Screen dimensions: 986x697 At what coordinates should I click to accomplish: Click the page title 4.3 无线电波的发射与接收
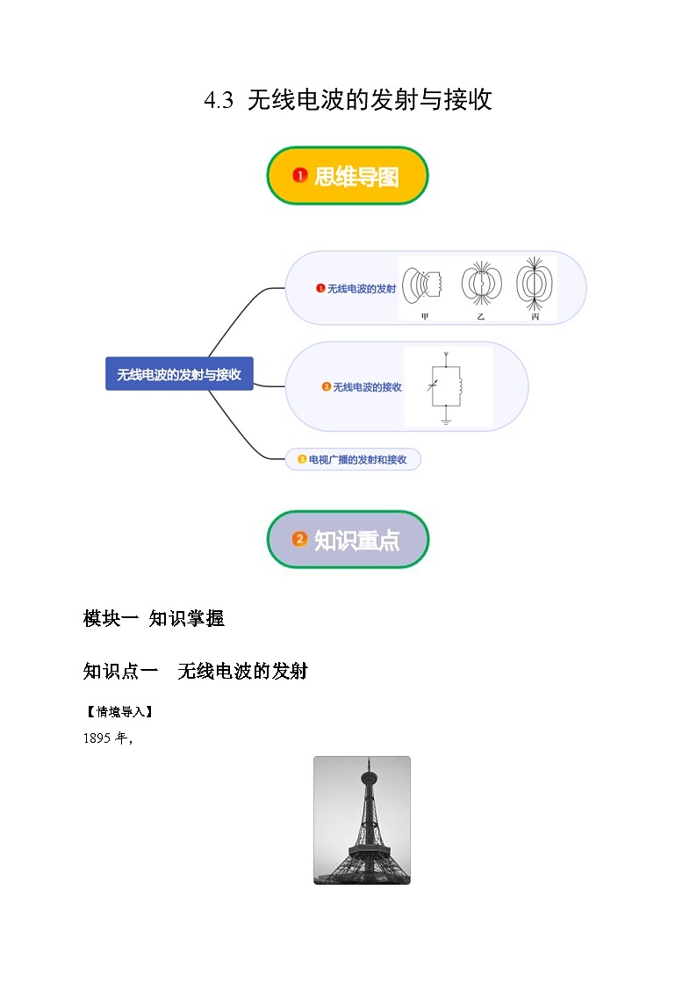(348, 100)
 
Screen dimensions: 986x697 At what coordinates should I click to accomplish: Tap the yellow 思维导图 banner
(348, 176)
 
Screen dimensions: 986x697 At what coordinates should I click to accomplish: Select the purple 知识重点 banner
(348, 540)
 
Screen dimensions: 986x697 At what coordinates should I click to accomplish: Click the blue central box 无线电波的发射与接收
(179, 374)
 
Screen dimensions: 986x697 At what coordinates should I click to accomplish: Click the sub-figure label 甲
(426, 316)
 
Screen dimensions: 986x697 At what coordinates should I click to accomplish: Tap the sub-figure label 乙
(480, 316)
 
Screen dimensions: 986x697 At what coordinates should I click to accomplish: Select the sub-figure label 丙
(535, 316)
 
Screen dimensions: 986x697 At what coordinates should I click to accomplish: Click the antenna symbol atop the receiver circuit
(447, 355)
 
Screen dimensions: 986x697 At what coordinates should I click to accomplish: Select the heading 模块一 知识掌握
(154, 618)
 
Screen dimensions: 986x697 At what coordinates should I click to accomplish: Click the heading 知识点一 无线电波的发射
(195, 672)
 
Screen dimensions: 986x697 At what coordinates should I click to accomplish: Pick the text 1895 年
(106, 738)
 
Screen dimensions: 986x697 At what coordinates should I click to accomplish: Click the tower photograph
(362, 820)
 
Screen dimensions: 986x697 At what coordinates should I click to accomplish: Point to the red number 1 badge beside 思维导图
(299, 176)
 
